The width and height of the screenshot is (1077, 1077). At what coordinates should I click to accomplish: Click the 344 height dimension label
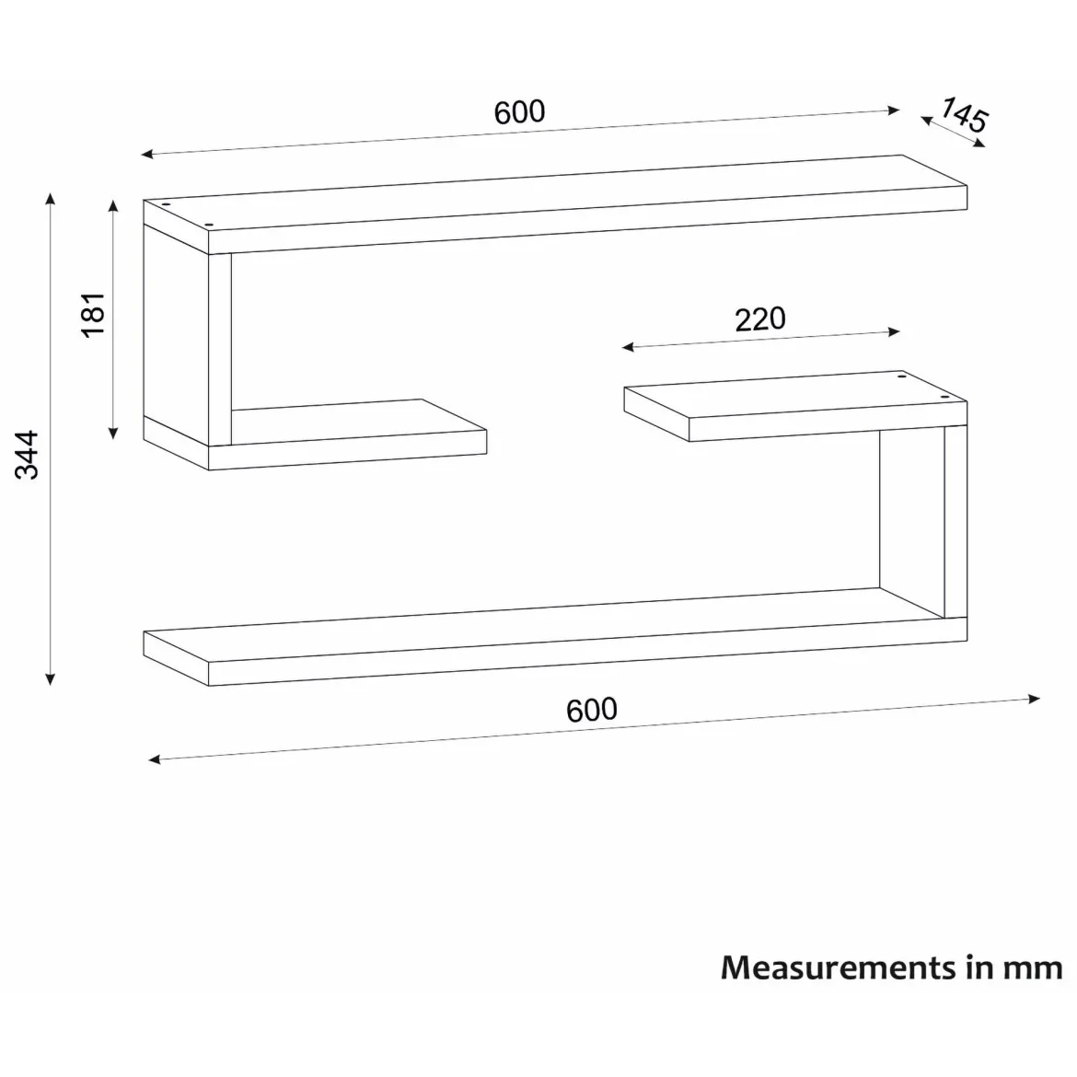pos(28,455)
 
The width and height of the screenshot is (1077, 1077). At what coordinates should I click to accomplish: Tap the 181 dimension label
pos(93,315)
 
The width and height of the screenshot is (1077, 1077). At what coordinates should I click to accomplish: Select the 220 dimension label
pos(760,319)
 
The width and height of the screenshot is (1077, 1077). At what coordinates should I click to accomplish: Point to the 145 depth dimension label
pos(965,115)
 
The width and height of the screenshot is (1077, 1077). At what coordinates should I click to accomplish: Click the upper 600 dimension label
pos(519,112)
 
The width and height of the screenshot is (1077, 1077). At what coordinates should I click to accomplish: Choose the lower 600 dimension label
pos(591,710)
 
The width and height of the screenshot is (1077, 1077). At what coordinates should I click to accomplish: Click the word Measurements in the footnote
pos(839,967)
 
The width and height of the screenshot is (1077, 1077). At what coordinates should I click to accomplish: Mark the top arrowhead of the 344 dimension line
pos(50,199)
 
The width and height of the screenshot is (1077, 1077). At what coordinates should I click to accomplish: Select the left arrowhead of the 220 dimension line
pos(628,347)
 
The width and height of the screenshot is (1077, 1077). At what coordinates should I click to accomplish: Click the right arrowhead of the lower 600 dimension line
pos(1035,700)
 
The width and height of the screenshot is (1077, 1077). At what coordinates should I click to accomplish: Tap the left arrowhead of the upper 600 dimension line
pos(147,155)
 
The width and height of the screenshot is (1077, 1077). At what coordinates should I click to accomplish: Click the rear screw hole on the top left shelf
pos(166,204)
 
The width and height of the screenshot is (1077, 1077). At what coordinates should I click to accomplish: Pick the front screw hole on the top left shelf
pos(210,225)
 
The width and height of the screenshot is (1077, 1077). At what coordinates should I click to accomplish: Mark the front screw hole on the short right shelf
pos(944,397)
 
